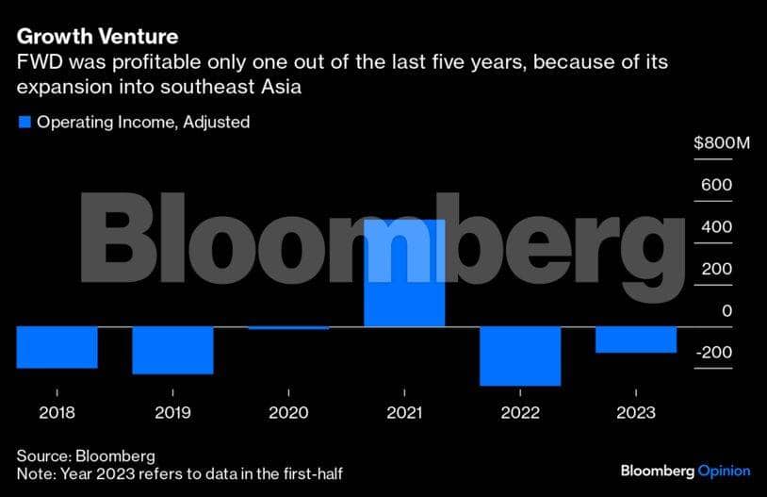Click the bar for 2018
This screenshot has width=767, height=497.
(x=57, y=347)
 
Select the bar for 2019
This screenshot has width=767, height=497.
(x=172, y=350)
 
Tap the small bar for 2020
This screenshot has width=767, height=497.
(x=288, y=328)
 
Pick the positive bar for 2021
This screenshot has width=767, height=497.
(x=403, y=273)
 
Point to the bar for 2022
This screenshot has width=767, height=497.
(x=520, y=356)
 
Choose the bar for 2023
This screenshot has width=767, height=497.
(x=636, y=340)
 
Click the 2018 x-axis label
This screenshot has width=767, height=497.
(x=57, y=412)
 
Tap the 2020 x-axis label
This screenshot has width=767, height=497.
(x=288, y=412)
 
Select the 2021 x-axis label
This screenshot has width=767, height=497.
(x=403, y=412)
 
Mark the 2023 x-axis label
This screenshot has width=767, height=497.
(x=636, y=412)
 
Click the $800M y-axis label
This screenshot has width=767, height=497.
(x=722, y=143)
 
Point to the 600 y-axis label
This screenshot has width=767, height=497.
(x=715, y=185)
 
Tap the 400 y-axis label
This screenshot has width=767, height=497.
(x=715, y=227)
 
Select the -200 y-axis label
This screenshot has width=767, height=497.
(x=713, y=353)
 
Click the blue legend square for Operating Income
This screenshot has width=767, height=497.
(x=24, y=122)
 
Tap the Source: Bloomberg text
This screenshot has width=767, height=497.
(x=86, y=456)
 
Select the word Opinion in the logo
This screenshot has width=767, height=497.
(x=724, y=471)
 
